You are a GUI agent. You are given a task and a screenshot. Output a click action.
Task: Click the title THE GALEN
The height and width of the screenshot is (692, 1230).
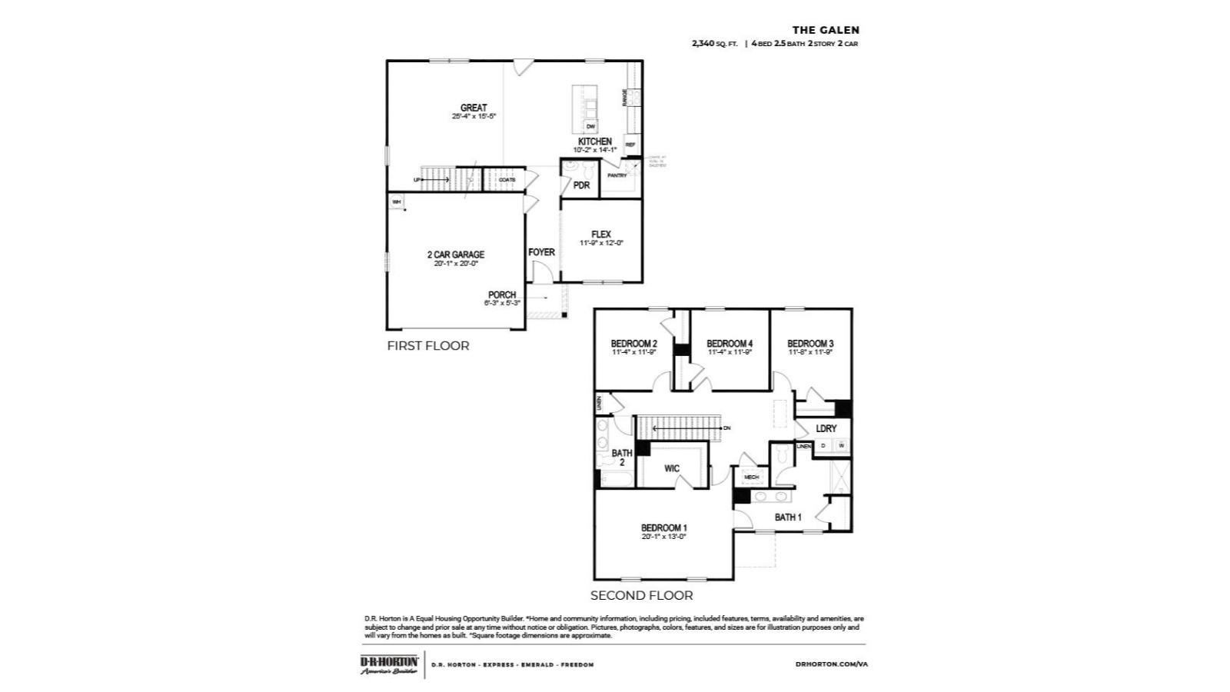[826, 30]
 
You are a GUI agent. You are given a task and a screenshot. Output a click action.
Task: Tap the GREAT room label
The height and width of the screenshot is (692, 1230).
[474, 108]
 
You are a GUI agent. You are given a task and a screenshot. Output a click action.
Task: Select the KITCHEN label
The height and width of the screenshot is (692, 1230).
[594, 141]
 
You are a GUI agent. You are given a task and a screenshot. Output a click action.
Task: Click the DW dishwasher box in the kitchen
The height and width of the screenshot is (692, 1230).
[590, 126]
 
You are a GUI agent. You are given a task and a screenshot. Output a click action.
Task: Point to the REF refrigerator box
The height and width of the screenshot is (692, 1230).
[630, 145]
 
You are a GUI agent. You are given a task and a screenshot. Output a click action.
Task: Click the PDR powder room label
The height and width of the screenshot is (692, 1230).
[581, 185]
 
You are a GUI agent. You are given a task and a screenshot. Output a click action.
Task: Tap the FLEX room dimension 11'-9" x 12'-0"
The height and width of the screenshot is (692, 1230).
[601, 243]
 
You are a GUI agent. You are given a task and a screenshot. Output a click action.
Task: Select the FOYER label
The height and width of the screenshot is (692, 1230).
[541, 252]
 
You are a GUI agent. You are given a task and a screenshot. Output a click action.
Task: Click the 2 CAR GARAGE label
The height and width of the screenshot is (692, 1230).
[456, 255]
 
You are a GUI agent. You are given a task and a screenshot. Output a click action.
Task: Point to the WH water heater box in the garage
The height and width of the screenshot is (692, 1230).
[397, 202]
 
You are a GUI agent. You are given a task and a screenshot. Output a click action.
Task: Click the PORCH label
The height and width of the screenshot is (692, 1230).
[502, 294]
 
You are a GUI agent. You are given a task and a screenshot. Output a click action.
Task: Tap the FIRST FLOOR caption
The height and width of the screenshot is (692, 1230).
[427, 346]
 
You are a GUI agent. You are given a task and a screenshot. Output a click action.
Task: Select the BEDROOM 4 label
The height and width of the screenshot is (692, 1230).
[729, 343]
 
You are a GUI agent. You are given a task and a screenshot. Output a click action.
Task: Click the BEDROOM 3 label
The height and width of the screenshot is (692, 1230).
[810, 343]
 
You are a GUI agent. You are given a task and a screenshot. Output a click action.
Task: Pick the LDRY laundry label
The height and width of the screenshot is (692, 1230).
[826, 428]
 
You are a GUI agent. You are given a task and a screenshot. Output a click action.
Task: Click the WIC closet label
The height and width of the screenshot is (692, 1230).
[671, 468]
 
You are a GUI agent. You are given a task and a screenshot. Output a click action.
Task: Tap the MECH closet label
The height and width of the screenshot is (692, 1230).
[751, 477]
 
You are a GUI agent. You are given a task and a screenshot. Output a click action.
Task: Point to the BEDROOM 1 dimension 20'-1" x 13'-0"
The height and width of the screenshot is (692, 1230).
[664, 537]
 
